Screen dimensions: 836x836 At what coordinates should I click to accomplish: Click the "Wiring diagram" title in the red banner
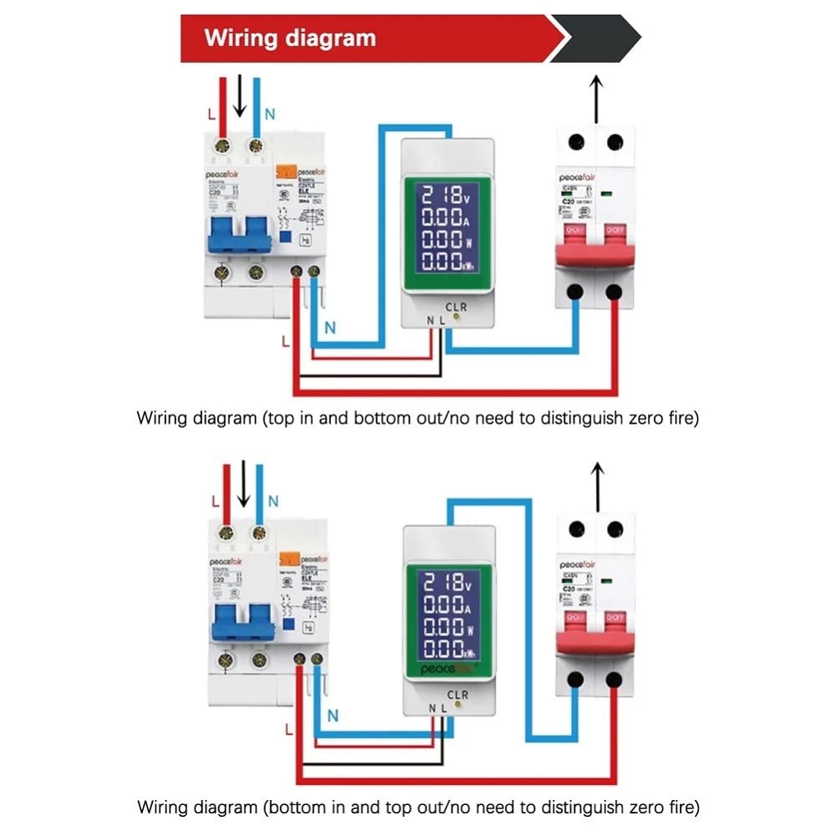click(x=290, y=38)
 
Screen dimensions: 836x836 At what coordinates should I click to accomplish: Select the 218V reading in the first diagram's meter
click(x=444, y=197)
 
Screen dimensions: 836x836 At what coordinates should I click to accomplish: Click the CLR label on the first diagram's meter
click(x=456, y=307)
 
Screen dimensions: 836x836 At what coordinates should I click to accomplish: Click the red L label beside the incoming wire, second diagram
click(x=216, y=501)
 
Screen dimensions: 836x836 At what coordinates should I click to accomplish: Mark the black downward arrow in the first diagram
click(x=240, y=96)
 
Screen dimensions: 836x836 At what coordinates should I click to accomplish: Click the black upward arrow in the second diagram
click(x=596, y=485)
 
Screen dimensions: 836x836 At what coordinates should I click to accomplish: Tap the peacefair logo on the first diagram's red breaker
click(x=578, y=178)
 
